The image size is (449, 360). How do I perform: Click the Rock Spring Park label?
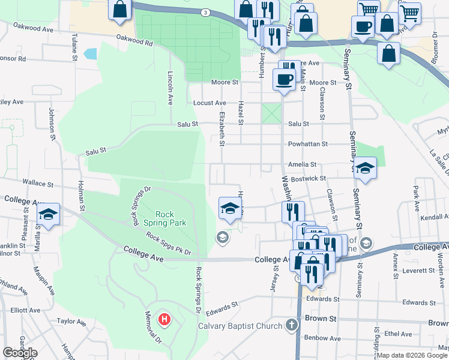[171, 218]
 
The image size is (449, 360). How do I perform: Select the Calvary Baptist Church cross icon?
[291, 326]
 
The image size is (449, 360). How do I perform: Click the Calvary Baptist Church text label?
[240, 326]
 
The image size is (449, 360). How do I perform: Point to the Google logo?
[20, 353]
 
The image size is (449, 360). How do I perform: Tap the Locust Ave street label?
[209, 103]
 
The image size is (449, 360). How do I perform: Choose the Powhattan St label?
[308, 144]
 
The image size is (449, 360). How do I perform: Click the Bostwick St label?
[307, 178]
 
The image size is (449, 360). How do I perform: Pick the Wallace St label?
[38, 181]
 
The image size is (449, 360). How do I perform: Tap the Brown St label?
[318, 319]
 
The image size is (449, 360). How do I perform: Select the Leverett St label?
[418, 270]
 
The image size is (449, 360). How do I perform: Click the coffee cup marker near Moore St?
[284, 79]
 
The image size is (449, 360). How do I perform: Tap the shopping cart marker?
[369, 9]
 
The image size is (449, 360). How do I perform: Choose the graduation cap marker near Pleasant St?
[47, 215]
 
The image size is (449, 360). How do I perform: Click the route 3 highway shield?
[205, 12]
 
